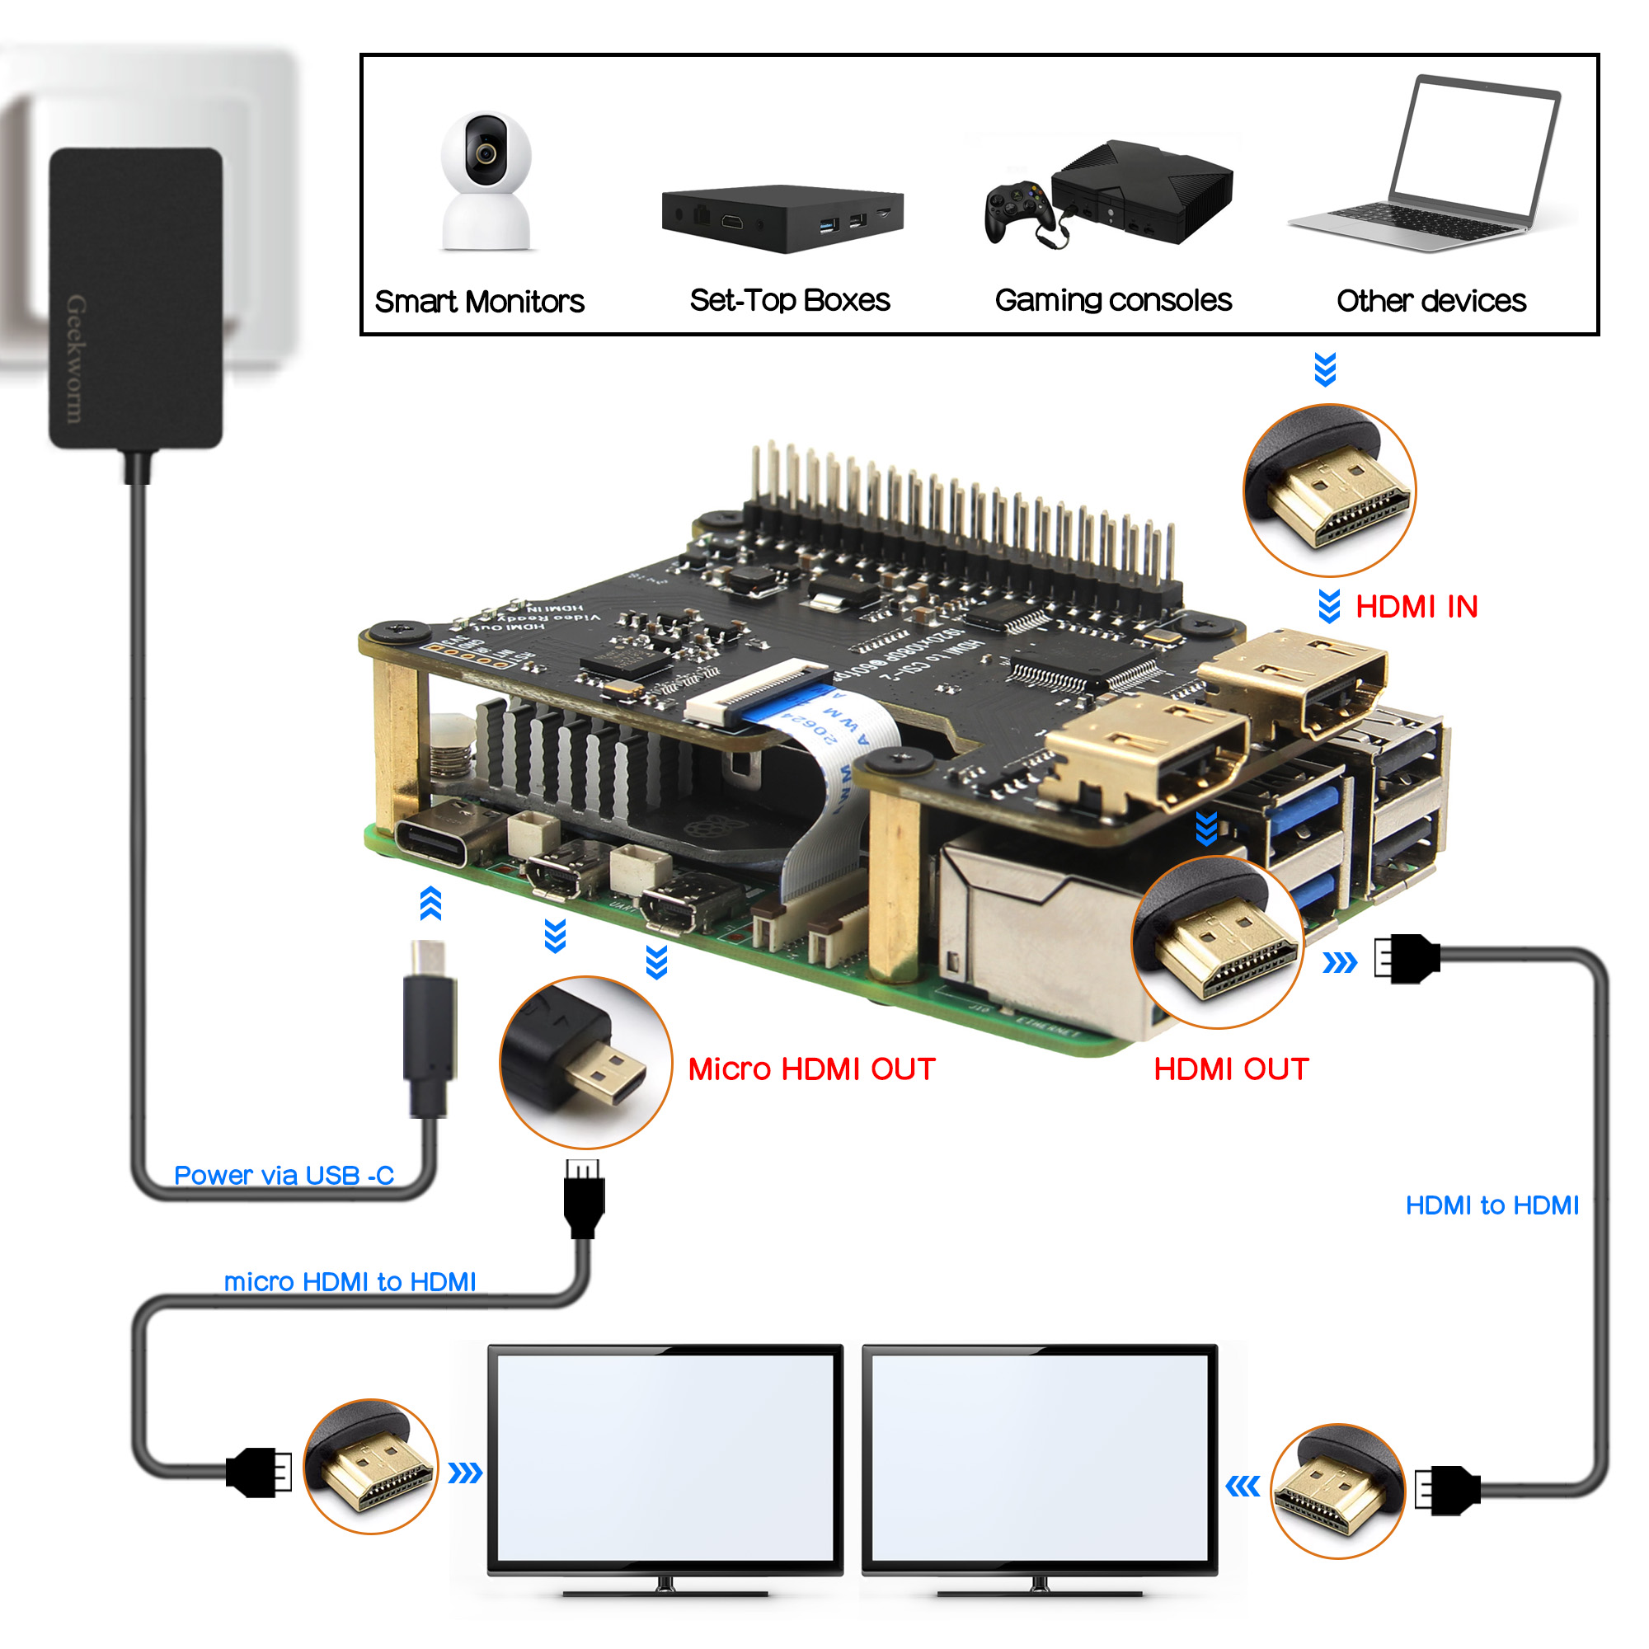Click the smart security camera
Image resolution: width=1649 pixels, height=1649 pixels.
[x=486, y=181]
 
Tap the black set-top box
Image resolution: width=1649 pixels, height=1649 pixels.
[x=781, y=218]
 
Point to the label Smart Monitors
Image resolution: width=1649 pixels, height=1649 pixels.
[x=479, y=301]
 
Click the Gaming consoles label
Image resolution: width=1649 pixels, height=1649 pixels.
[x=1112, y=300]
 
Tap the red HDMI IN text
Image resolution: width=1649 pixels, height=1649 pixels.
[x=1416, y=607]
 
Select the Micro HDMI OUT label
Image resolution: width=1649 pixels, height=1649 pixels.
[x=810, y=1069]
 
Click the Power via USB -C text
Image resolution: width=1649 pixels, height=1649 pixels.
[x=284, y=1175]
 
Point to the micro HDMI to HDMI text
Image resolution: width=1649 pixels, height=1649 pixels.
[x=349, y=1282]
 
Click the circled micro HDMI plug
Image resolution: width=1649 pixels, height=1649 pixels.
[x=585, y=1062]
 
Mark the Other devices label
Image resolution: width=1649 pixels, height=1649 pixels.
[x=1431, y=301]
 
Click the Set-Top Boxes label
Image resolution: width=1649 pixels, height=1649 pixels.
[x=790, y=300]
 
